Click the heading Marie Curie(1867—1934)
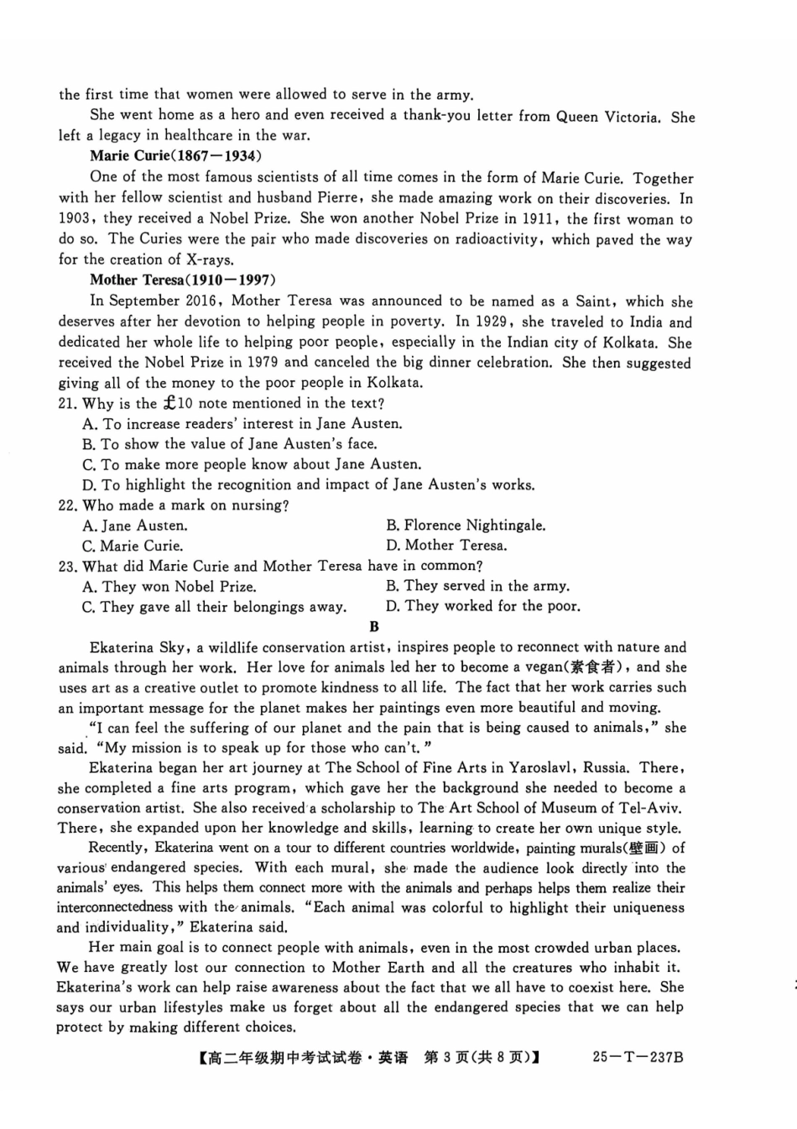click(x=175, y=156)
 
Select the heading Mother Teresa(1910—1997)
click(x=182, y=280)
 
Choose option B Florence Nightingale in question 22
click(x=466, y=525)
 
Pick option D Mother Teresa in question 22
click(x=446, y=546)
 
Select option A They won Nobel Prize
click(x=169, y=587)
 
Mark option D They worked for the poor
click(x=483, y=606)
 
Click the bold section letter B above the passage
click(x=374, y=626)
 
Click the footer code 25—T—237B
click(x=638, y=1057)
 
